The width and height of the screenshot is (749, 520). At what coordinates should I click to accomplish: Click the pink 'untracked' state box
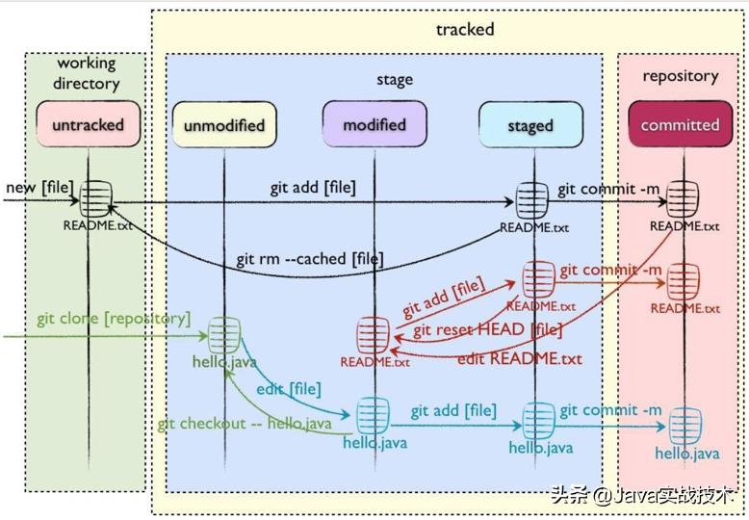88,125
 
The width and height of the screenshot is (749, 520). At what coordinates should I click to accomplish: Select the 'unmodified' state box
223,125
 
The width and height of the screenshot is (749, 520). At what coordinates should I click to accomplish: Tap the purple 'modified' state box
374,125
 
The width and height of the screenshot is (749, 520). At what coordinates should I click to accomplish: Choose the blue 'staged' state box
529,125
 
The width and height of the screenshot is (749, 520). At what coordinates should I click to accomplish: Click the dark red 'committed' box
680,125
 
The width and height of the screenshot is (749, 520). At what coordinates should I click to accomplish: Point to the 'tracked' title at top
465,29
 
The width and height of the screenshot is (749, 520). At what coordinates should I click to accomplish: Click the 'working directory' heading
86,73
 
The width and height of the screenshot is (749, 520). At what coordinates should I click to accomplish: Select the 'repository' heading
680,75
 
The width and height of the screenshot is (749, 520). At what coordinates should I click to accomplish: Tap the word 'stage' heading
394,79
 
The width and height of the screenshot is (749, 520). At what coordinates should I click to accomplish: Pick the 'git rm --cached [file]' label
309,259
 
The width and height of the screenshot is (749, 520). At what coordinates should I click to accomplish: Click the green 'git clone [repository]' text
114,318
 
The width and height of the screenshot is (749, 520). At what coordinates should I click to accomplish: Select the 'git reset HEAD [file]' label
487,330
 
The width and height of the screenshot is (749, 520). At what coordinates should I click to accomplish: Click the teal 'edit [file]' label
288,388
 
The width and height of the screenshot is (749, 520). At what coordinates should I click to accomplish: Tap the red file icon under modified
373,336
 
